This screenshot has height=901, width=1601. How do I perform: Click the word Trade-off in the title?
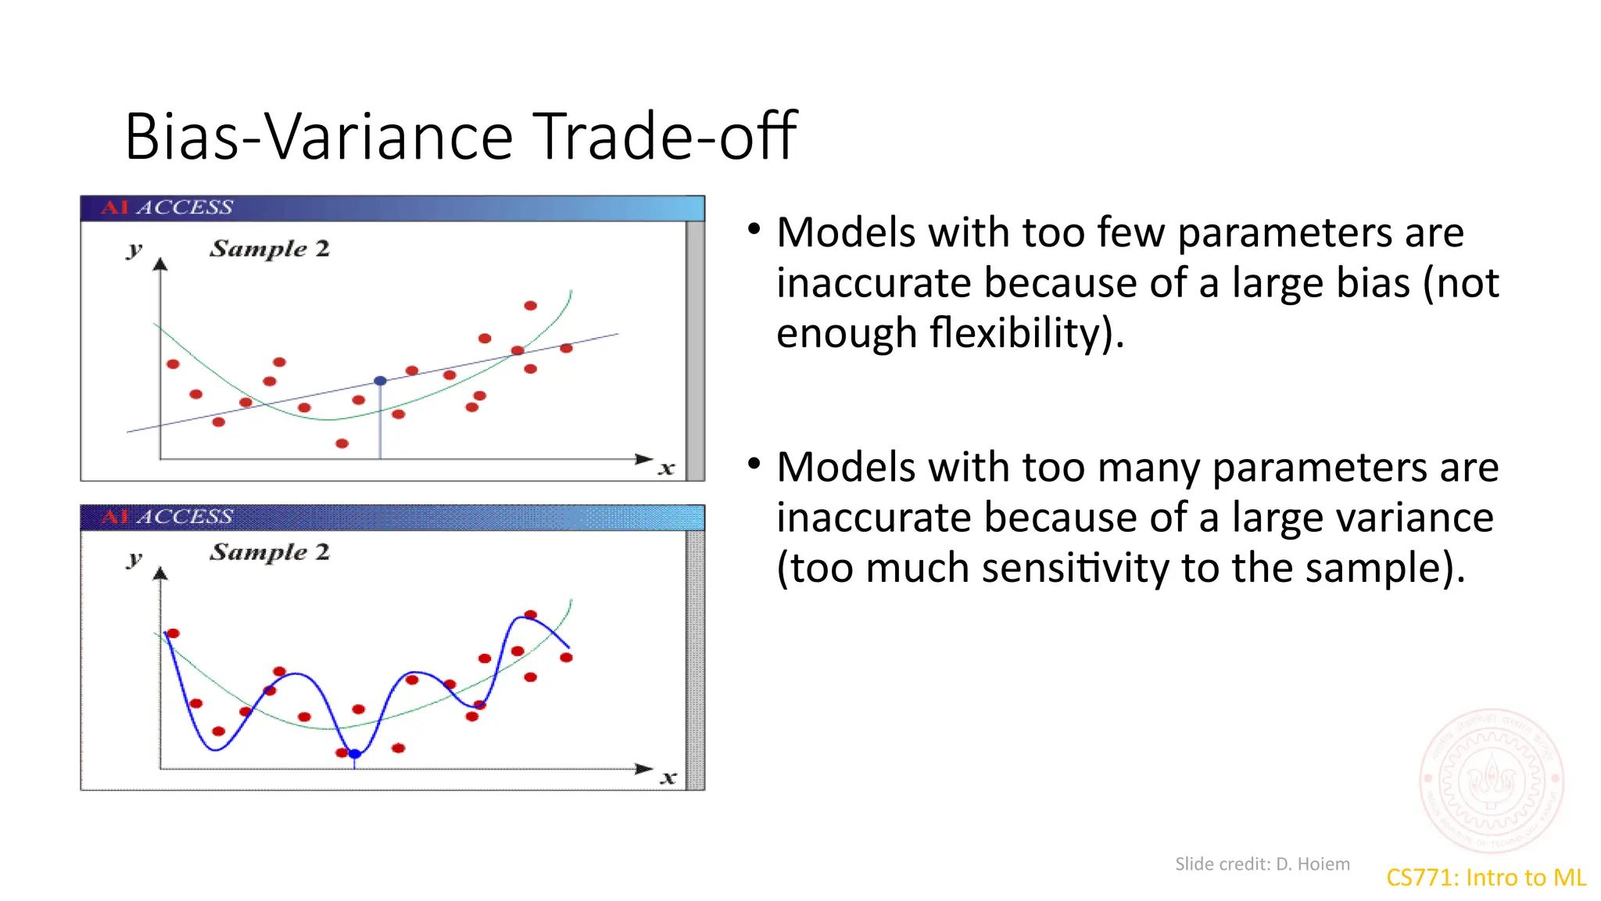(666, 137)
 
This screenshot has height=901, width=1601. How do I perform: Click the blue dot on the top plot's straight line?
(380, 381)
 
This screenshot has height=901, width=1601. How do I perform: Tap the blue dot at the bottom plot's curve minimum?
(355, 754)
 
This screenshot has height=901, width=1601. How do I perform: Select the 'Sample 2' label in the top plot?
(270, 249)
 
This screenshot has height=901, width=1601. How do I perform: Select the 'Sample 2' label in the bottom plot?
(270, 552)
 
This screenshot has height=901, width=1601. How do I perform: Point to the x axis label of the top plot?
(666, 469)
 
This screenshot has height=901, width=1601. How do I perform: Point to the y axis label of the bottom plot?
(134, 559)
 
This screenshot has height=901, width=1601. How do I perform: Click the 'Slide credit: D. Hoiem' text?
(1262, 864)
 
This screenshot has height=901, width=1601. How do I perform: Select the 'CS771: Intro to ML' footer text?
(1485, 878)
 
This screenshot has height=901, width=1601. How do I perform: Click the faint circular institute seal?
(1492, 781)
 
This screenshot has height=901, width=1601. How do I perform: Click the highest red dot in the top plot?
(530, 306)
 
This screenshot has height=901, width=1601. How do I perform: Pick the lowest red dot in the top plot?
(342, 443)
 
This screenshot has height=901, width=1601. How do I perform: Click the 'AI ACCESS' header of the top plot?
(167, 208)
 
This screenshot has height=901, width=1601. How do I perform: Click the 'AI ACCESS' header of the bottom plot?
(167, 517)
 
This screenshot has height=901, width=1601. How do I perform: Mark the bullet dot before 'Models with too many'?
(754, 464)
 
